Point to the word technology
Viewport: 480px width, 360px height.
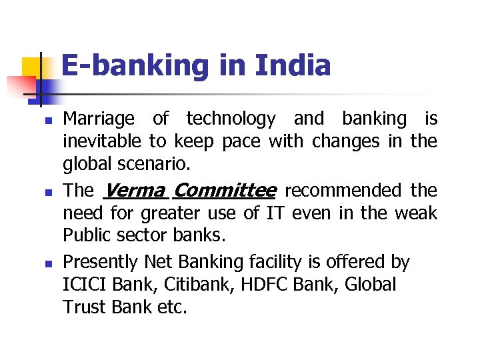(231, 119)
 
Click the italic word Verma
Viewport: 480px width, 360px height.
(135, 191)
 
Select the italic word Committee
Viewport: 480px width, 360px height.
(224, 191)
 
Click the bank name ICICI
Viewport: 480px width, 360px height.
(85, 285)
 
